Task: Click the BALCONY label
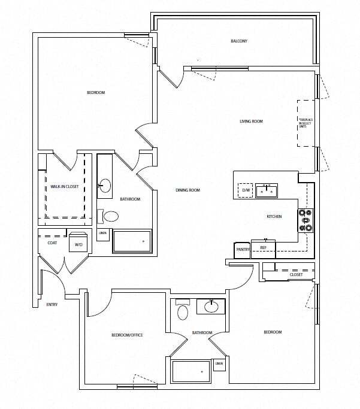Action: (239, 41)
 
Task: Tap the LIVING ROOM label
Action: (251, 122)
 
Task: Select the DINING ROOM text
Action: (187, 190)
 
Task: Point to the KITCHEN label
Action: (274, 217)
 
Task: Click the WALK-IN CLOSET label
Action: (65, 186)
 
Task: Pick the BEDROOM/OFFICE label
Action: (127, 335)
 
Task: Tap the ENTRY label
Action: (52, 305)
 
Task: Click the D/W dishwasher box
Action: (246, 190)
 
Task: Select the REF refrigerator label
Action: (263, 247)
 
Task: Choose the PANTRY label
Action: (243, 249)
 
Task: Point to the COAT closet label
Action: (52, 243)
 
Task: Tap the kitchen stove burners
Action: (306, 220)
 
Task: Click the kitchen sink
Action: (266, 191)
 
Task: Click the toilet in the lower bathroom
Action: (183, 311)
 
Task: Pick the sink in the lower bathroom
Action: (211, 307)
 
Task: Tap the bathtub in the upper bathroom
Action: (132, 241)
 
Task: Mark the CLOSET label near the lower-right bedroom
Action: (296, 275)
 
